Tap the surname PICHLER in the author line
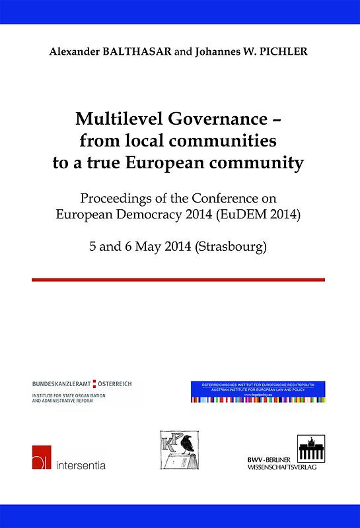(284, 51)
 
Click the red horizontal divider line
(178, 279)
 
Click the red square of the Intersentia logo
(42, 457)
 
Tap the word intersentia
(81, 464)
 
